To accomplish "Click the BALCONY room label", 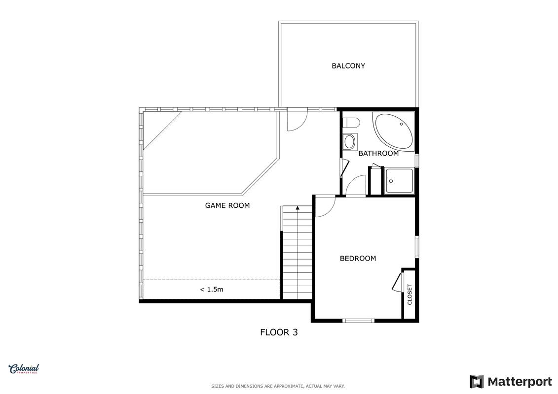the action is tap(348, 66).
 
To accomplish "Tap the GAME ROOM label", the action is tap(227, 205).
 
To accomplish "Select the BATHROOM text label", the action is tap(378, 154).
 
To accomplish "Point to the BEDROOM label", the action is tap(358, 258).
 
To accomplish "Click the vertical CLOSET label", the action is tap(409, 295).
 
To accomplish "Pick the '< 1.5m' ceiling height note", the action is tap(212, 289).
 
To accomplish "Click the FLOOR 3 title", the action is tap(279, 332).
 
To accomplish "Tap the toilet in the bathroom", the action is tap(351, 123).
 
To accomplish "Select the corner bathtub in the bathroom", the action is tap(393, 131).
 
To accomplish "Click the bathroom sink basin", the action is tap(350, 142).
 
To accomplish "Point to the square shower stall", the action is tap(399, 181).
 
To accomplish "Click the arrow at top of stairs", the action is tap(298, 208).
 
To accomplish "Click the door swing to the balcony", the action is tap(297, 121).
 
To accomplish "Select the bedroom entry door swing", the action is tap(325, 206).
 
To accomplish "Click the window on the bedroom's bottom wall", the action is tap(358, 321).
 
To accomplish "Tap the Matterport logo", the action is tap(511, 382).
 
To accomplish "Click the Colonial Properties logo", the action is tap(24, 369).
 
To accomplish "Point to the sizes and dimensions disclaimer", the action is tap(278, 386).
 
